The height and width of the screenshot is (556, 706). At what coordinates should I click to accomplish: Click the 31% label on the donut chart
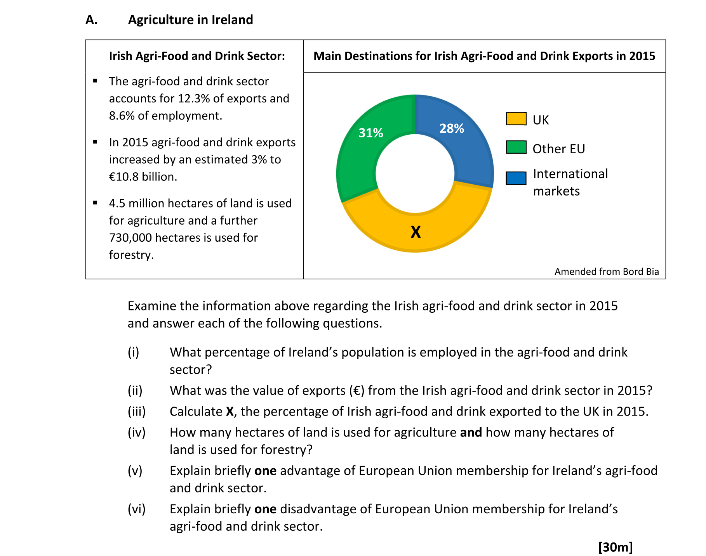[x=370, y=133]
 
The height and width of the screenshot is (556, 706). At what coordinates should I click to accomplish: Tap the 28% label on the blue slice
[x=452, y=128]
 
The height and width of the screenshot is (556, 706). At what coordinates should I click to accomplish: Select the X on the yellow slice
[x=416, y=232]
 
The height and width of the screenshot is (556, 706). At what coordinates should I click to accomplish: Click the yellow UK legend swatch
[x=516, y=119]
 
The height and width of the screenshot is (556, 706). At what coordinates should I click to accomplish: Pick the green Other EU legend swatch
[x=516, y=147]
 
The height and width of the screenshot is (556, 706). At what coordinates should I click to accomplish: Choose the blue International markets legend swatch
[x=516, y=178]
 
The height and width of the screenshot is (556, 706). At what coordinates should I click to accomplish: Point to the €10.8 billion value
[x=143, y=177]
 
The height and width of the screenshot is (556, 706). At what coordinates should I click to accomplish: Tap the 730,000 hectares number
[x=130, y=237]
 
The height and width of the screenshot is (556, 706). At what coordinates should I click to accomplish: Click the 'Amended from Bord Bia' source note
[x=606, y=272]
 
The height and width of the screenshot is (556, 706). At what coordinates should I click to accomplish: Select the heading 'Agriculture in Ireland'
[x=190, y=20]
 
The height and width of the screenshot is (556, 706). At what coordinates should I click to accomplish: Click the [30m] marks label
[x=615, y=547]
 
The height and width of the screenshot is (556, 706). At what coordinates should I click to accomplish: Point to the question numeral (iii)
[x=137, y=411]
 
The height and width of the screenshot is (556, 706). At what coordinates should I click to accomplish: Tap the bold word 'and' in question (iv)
[x=471, y=432]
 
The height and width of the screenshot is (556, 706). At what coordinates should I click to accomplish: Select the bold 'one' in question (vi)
[x=265, y=509]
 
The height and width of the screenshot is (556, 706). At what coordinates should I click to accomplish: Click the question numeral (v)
[x=135, y=471]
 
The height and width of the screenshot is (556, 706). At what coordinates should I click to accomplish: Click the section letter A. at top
[x=92, y=20]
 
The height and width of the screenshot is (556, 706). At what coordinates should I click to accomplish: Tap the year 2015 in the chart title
[x=642, y=56]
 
